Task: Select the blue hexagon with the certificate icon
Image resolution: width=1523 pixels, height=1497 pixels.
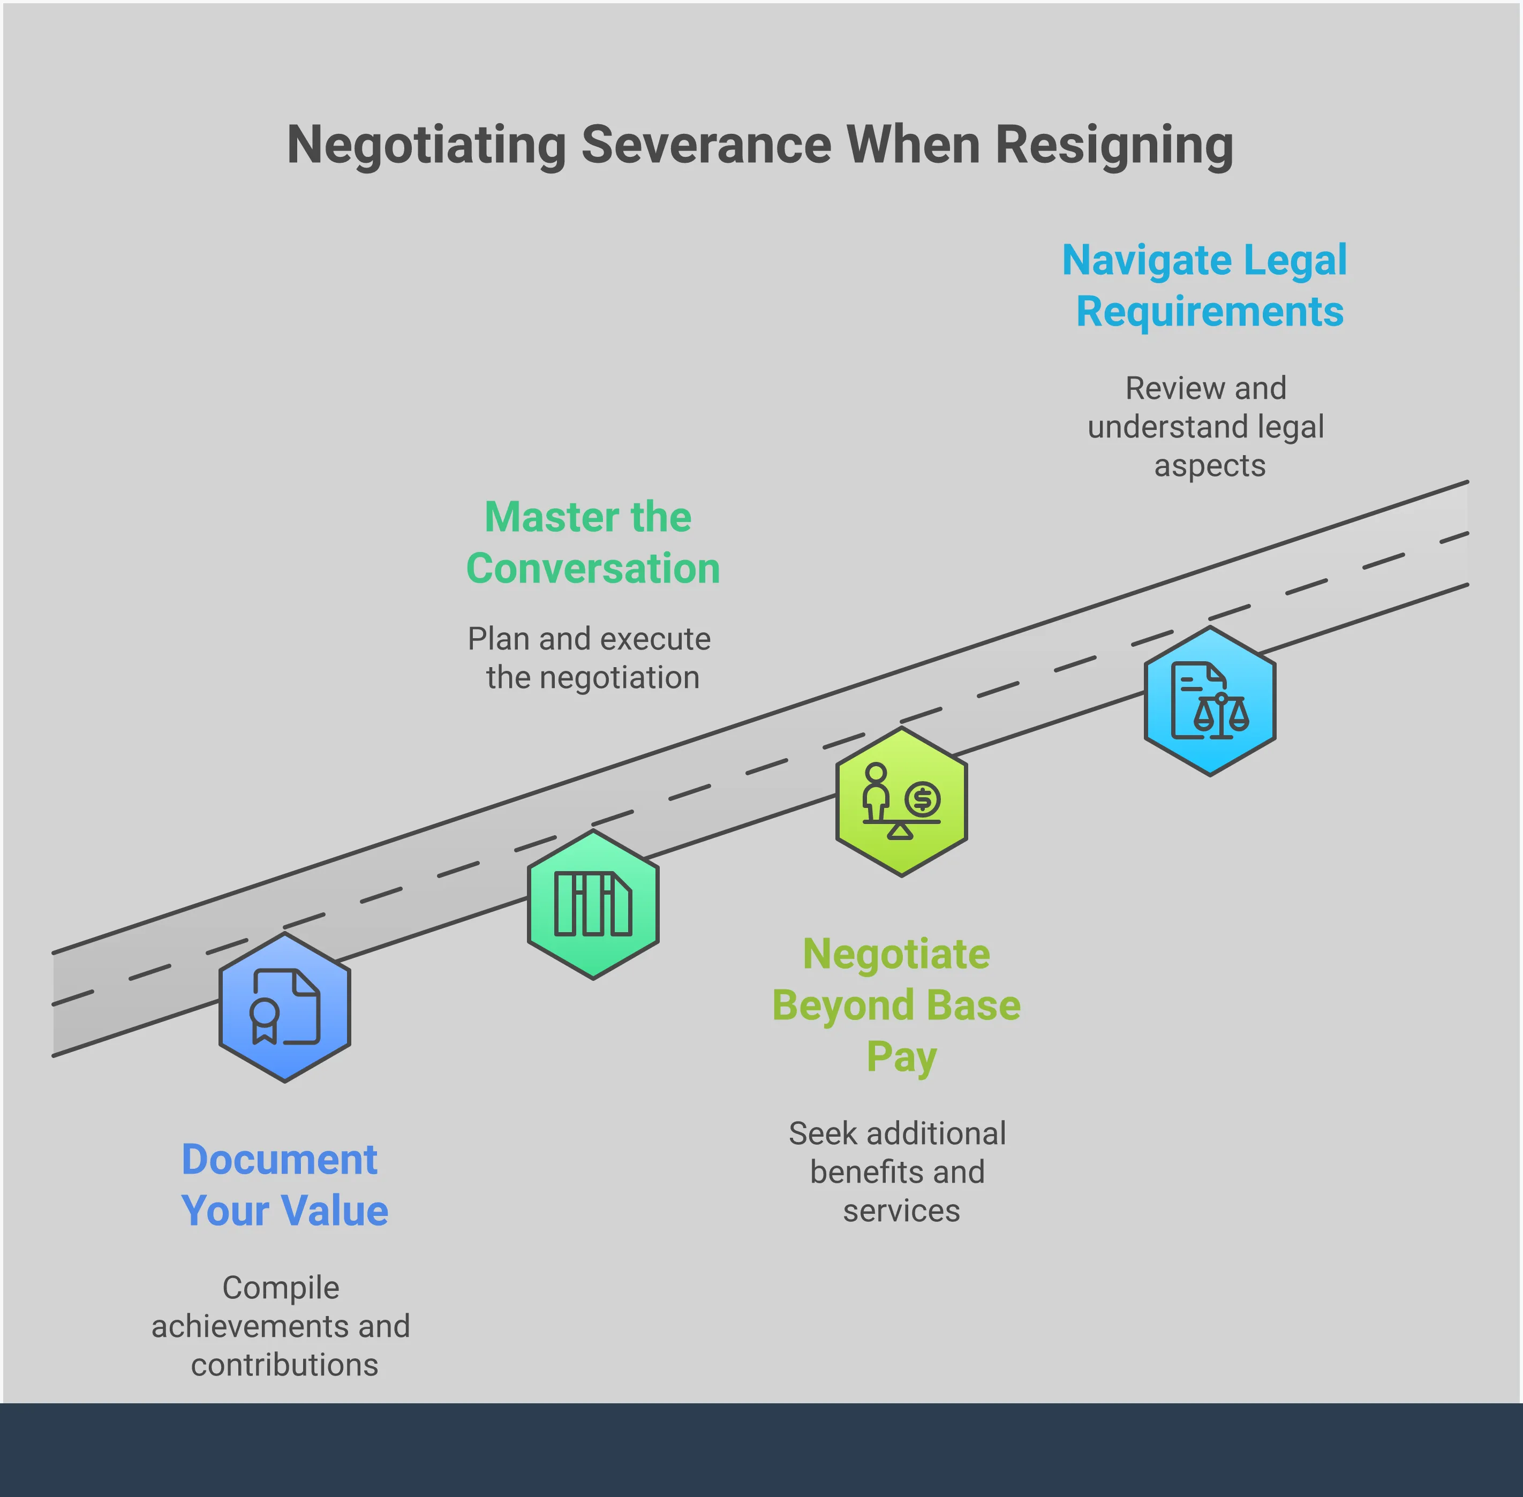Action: tap(285, 1008)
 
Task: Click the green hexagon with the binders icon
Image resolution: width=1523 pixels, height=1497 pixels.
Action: tap(593, 905)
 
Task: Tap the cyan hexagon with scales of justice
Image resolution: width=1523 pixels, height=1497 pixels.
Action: tap(1209, 701)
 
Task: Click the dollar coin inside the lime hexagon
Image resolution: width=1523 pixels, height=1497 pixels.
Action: tap(922, 799)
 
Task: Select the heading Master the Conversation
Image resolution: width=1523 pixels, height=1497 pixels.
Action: tap(592, 542)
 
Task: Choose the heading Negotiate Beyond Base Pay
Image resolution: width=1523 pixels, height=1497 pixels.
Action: tap(896, 1005)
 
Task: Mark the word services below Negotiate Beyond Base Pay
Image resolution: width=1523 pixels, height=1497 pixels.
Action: tap(901, 1211)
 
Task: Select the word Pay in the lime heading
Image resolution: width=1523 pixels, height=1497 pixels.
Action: tap(901, 1057)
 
